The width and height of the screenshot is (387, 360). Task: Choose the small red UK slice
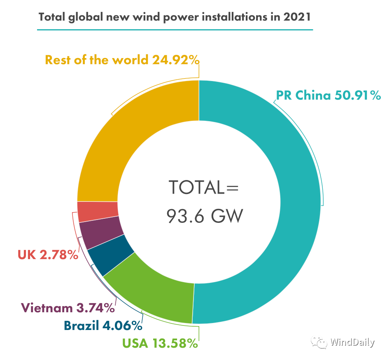click(97, 212)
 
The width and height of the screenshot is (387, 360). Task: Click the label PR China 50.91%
click(329, 96)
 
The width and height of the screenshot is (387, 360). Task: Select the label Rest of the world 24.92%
click(122, 60)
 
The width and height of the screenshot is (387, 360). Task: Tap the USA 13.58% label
click(160, 343)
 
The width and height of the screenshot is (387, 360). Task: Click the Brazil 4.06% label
click(103, 326)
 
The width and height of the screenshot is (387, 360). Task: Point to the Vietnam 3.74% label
click(68, 308)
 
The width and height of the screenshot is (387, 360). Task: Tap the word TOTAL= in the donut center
click(204, 187)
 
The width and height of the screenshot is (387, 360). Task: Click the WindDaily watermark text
click(352, 342)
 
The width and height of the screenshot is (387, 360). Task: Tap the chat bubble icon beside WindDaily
click(319, 342)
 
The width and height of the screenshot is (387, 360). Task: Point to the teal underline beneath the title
click(175, 30)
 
